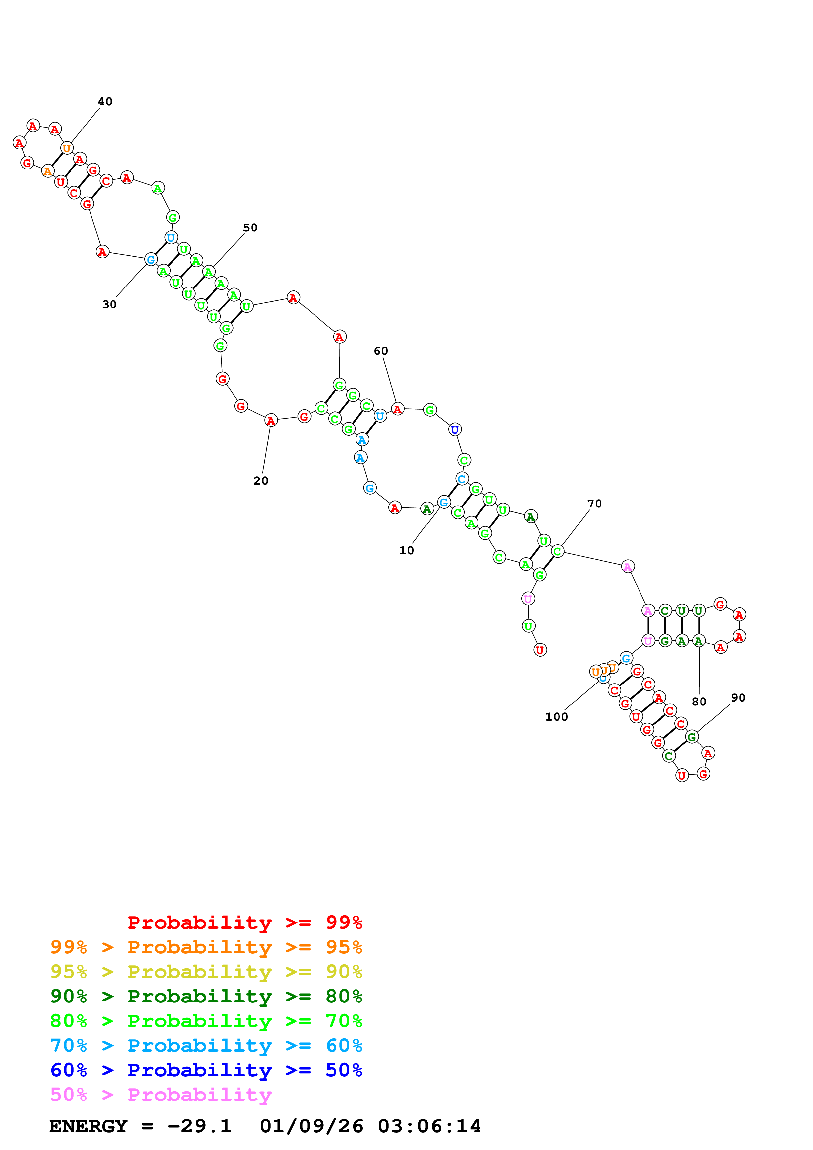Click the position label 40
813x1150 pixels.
tap(105, 102)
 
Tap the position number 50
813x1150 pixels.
tap(250, 228)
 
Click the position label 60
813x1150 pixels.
tap(381, 351)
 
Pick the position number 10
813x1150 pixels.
tap(406, 550)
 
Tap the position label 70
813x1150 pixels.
tap(594, 504)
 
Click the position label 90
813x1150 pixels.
tap(738, 698)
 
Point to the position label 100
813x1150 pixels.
tap(557, 717)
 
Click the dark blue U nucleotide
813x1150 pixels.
tap(454, 430)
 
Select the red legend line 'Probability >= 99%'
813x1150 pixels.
tap(244, 922)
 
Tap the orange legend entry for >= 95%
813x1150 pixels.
tap(206, 947)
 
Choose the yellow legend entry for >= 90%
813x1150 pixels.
tap(206, 972)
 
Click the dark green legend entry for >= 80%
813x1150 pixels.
tap(206, 996)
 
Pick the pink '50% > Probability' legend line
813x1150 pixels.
tap(161, 1094)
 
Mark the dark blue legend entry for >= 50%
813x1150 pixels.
tap(206, 1070)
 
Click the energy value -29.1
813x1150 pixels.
tap(199, 1126)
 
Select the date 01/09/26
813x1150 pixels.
tap(311, 1126)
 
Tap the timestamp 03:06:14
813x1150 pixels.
tap(429, 1126)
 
